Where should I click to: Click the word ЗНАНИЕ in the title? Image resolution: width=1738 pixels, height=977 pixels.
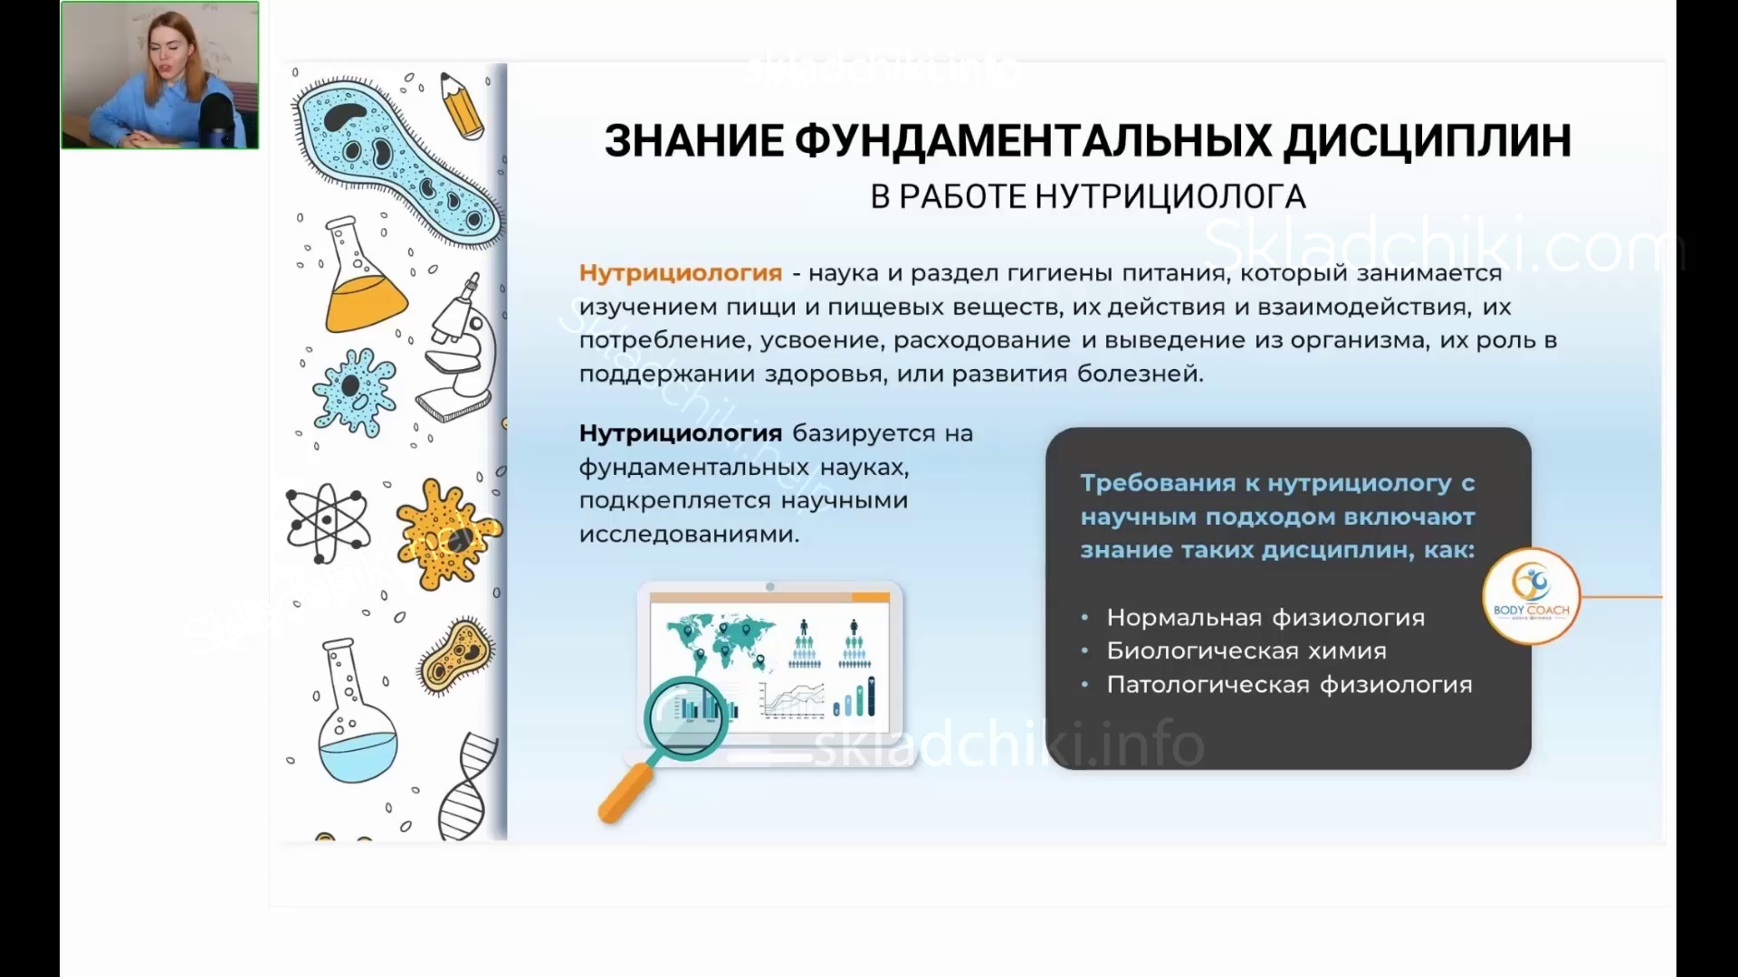pos(693,141)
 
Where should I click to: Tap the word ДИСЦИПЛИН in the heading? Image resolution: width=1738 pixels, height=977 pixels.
pos(1428,141)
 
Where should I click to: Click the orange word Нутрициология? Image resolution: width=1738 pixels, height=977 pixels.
pos(681,273)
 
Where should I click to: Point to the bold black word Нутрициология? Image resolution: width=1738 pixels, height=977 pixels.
pos(681,433)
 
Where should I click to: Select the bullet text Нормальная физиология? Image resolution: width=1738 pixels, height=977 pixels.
pos(1265,618)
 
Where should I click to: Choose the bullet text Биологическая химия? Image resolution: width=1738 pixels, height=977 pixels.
pos(1246,650)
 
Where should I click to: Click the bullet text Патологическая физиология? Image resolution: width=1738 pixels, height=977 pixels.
pos(1289,685)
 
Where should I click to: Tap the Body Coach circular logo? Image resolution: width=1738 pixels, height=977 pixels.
pos(1532,596)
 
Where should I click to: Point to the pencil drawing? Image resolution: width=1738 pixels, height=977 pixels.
pos(462,106)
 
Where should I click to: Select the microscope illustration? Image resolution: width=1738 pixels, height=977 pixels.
pos(460,348)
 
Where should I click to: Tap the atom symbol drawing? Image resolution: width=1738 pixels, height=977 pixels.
pos(327,522)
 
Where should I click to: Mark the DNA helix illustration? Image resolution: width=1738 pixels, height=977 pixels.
pos(468,787)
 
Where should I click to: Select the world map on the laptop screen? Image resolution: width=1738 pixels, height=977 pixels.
pos(721,641)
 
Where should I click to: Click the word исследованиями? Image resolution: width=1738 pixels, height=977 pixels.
pos(689,535)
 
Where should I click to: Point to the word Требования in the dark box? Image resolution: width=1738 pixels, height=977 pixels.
pos(1159,484)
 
